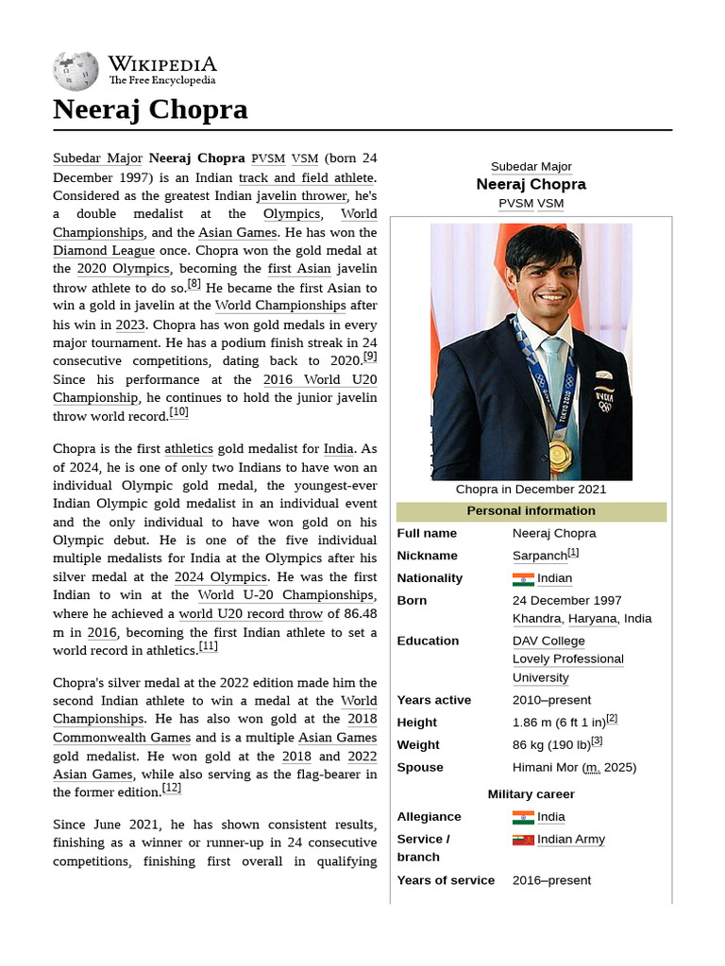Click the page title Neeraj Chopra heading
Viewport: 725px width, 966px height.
click(150, 109)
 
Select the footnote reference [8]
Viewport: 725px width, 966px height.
click(194, 283)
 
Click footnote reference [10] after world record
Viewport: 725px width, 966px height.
click(178, 412)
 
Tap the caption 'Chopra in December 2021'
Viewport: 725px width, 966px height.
click(531, 490)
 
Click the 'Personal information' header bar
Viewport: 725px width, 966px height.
click(531, 511)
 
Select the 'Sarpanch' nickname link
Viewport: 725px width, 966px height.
click(539, 556)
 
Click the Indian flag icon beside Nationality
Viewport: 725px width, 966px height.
click(523, 578)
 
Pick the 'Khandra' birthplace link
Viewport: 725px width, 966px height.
click(536, 619)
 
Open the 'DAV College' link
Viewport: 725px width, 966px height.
click(549, 641)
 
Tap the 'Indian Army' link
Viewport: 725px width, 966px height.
click(570, 840)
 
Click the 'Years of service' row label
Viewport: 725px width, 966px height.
click(446, 880)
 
